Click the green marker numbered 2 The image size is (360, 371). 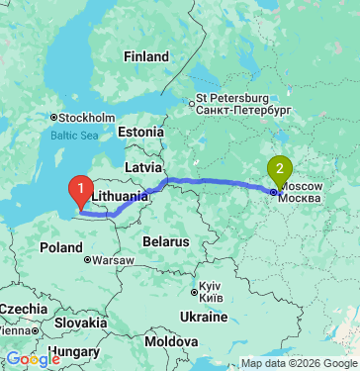pyautogui.click(x=280, y=170)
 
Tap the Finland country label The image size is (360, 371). pyautogui.click(x=146, y=57)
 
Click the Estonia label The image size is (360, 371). pyautogui.click(x=139, y=132)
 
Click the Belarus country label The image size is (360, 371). pyautogui.click(x=164, y=241)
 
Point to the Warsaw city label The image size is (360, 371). pyautogui.click(x=113, y=260)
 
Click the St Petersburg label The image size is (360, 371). pyautogui.click(x=232, y=99)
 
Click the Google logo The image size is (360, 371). pyautogui.click(x=33, y=360)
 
